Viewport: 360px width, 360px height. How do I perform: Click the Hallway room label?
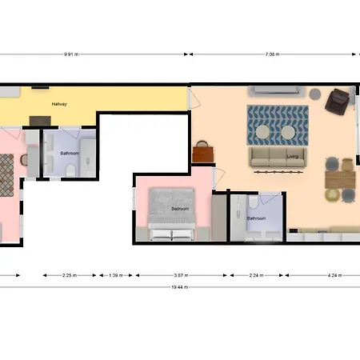60,105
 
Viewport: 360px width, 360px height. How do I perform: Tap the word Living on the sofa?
293,157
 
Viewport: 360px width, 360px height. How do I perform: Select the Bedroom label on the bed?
180,209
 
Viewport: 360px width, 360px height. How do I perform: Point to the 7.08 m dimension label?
274,55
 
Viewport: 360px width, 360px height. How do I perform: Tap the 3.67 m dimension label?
182,274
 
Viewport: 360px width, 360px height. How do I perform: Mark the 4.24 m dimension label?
333,274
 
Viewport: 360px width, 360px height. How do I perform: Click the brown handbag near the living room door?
204,151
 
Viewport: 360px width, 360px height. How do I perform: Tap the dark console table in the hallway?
40,120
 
